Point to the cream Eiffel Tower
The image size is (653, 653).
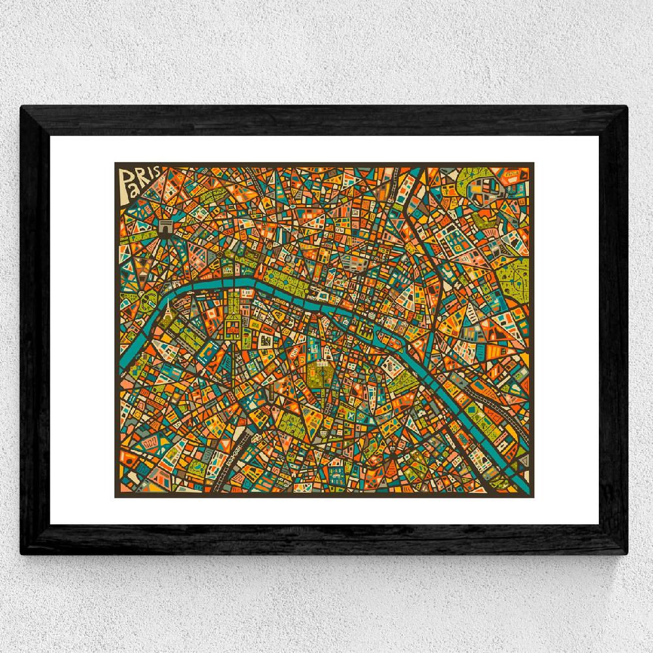(168, 306)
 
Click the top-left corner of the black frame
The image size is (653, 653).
(24, 108)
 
